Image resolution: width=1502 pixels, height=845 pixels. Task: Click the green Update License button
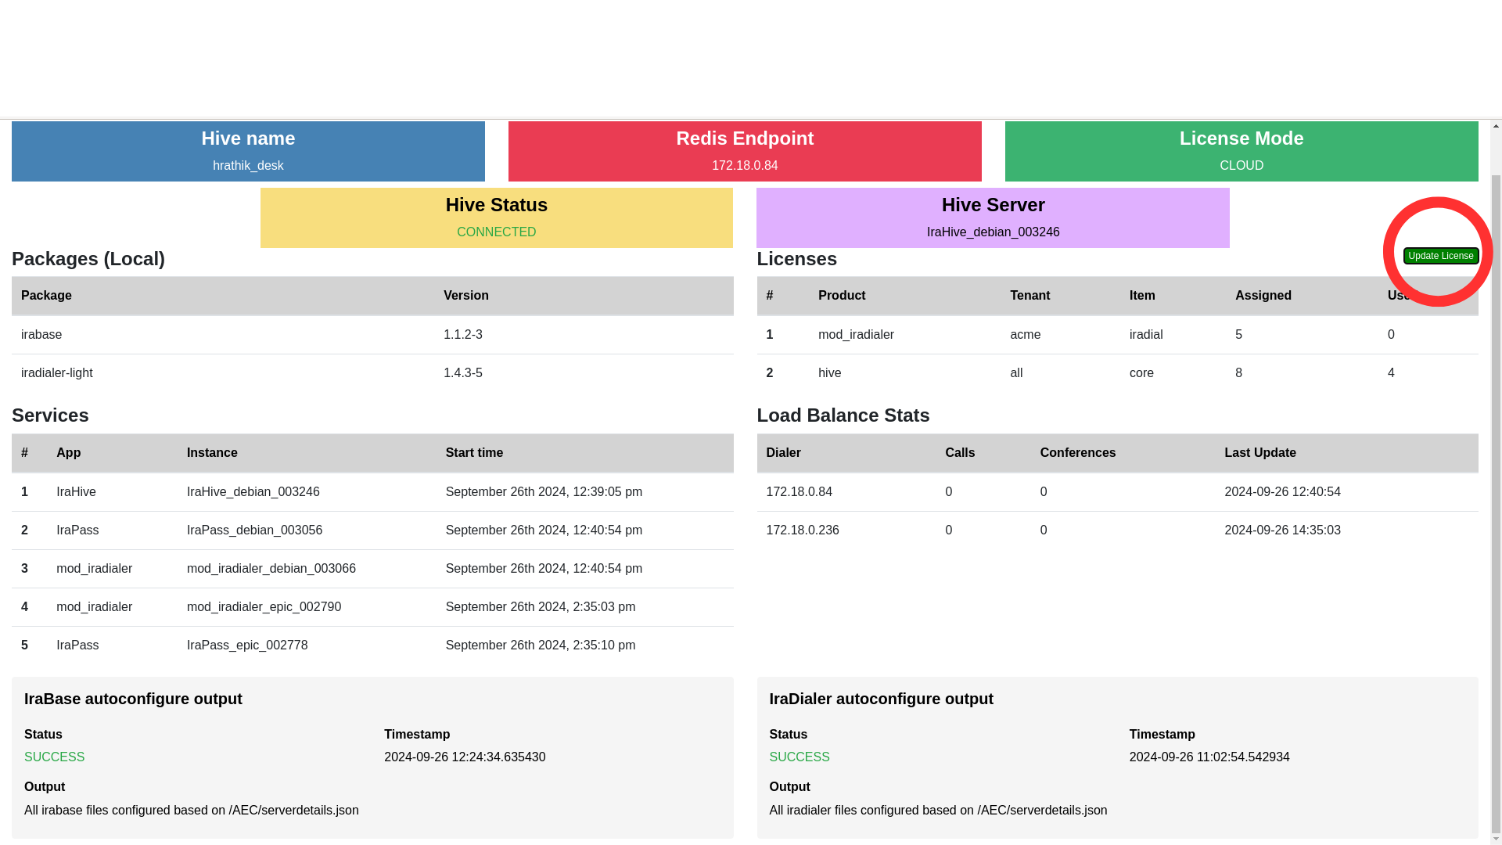(1440, 256)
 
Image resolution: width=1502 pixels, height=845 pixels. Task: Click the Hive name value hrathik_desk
(248, 166)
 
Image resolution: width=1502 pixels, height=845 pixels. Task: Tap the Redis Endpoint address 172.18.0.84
(745, 166)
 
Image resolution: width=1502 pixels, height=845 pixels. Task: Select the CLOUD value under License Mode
(1241, 166)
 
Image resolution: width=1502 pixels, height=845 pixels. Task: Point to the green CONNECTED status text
(496, 232)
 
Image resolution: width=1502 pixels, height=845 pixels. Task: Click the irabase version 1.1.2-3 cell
(463, 335)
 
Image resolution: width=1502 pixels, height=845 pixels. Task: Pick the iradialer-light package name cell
(57, 373)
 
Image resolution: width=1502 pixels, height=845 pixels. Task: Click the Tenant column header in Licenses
(1029, 296)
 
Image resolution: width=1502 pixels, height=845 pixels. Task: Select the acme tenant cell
(1025, 335)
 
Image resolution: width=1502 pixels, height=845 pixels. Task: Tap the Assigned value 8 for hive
(1238, 373)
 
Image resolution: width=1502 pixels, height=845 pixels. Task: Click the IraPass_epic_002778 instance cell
(247, 645)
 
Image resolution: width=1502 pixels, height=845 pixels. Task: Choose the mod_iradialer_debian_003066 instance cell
(271, 569)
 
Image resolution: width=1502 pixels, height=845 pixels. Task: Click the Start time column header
(474, 453)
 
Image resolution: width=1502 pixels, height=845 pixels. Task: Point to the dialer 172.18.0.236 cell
(803, 530)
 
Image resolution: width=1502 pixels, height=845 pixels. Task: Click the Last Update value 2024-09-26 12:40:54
(1282, 492)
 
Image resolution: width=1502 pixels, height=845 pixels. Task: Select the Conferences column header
(1078, 453)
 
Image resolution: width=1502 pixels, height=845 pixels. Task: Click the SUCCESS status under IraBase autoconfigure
(54, 757)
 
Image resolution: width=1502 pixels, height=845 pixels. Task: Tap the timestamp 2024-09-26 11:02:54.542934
(1209, 757)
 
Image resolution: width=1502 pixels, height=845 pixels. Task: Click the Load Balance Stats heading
(843, 415)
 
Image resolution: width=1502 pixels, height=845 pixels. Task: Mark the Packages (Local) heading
(88, 259)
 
